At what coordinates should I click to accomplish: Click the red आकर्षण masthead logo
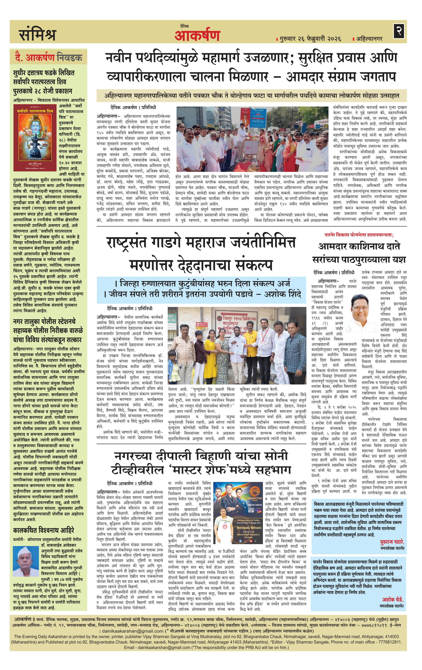pos(197,35)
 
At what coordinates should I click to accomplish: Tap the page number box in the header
pos(399,31)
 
